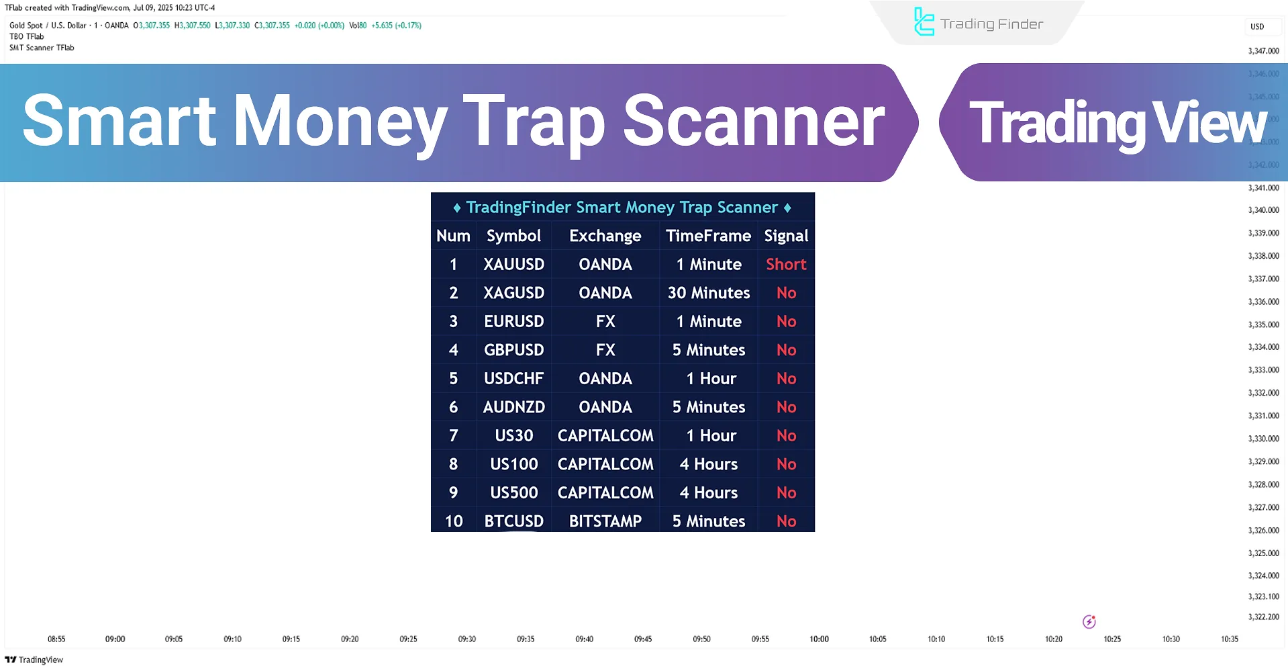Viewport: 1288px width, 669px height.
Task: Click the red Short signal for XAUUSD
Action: [x=786, y=265]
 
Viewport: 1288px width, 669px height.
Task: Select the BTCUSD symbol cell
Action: [x=513, y=521]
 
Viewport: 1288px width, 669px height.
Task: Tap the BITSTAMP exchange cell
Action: [x=605, y=521]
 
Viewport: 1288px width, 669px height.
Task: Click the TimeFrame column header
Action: [x=708, y=236]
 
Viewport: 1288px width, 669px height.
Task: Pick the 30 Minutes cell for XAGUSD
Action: [x=708, y=293]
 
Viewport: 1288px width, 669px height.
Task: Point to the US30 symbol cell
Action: [x=513, y=436]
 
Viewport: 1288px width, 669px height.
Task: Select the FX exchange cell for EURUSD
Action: [x=605, y=322]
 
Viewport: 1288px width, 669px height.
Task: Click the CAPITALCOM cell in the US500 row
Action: [x=605, y=493]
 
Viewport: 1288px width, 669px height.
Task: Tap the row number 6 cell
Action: [x=453, y=407]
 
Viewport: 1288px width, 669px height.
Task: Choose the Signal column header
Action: [x=786, y=236]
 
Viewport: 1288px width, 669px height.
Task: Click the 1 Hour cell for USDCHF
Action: [x=711, y=379]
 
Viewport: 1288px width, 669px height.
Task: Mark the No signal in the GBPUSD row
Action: [x=786, y=350]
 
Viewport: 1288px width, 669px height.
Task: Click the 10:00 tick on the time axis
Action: [x=819, y=639]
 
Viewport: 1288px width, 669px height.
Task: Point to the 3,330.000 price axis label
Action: [x=1263, y=439]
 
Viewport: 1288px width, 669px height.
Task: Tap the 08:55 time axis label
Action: [x=56, y=639]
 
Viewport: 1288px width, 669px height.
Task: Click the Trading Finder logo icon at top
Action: [x=924, y=22]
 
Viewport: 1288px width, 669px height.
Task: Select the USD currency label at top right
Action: [x=1256, y=27]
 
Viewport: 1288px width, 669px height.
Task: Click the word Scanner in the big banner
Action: [x=754, y=122]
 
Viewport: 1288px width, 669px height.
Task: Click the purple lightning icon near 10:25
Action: [x=1089, y=622]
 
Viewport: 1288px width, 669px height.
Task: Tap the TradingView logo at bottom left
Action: [x=34, y=660]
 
